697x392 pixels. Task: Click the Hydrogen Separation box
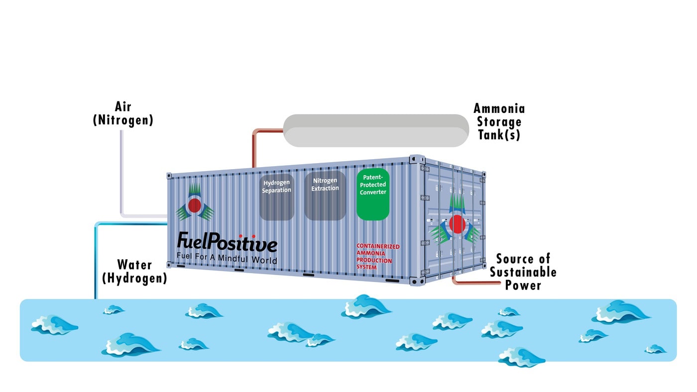click(277, 196)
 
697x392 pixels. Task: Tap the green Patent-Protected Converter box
click(373, 194)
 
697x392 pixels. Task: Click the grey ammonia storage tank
click(376, 130)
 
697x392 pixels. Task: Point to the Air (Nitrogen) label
click(123, 113)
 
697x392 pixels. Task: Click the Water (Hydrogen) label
click(134, 271)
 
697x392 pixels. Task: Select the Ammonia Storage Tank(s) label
click(499, 121)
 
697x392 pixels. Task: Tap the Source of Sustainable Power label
click(523, 272)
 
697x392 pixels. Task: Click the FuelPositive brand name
click(227, 244)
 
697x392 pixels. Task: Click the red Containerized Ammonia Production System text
click(377, 257)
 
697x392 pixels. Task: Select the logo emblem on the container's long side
click(194, 204)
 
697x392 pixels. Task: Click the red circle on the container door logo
click(457, 224)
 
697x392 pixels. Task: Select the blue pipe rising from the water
click(96, 259)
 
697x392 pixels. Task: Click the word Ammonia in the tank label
click(499, 108)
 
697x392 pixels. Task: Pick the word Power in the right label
click(523, 285)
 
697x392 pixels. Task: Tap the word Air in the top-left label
click(123, 106)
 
